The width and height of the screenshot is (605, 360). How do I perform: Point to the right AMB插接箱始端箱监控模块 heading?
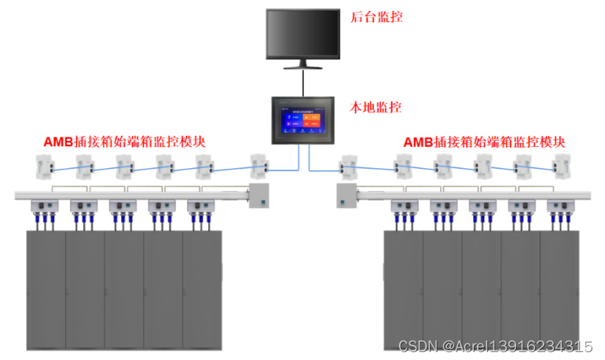coord(484,142)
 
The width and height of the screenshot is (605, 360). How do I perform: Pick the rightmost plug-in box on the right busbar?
coord(561,208)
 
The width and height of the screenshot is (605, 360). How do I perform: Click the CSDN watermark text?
coord(495,347)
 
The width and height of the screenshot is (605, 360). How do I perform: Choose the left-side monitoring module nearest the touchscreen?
coord(258,165)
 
